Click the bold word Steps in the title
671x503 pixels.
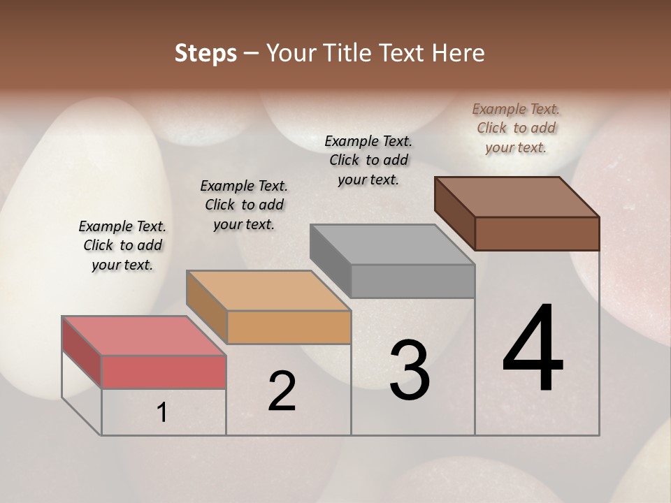205,53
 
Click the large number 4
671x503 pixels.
533,349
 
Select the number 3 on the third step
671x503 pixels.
409,370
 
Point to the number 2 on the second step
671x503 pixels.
282,391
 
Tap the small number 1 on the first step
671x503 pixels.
162,413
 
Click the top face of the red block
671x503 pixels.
143,335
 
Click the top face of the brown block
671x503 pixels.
517,197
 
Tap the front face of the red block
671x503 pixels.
164,372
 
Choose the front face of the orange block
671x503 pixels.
289,327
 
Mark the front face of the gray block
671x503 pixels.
412,281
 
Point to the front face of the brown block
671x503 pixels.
537,233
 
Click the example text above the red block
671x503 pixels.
122,246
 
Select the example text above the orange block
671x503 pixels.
244,205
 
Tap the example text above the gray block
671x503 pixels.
368,160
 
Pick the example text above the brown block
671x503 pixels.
516,128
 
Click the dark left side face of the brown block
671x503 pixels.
454,214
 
